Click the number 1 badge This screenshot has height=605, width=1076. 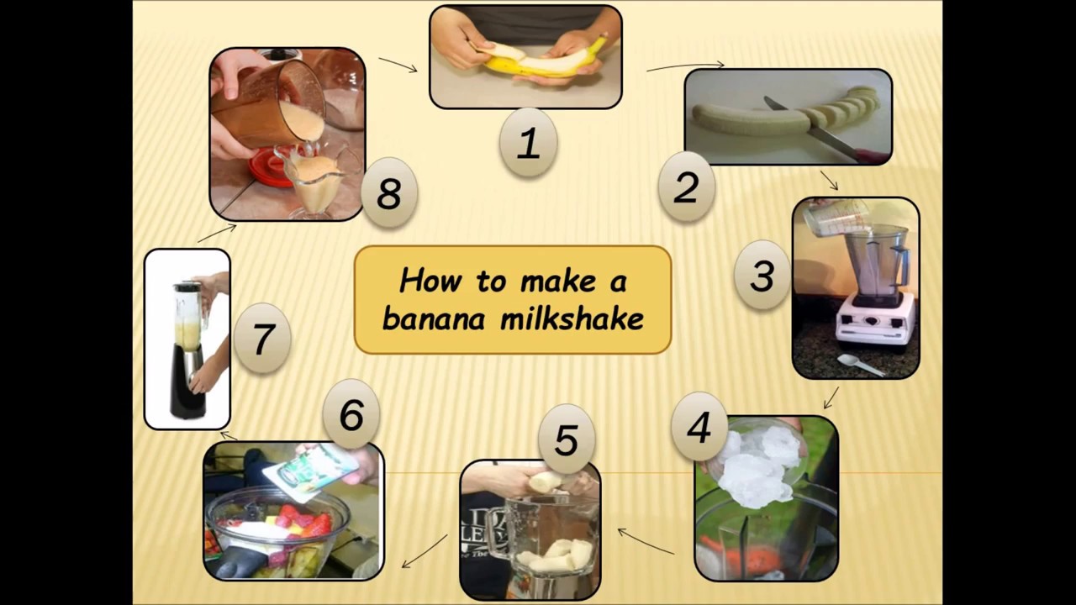(x=527, y=143)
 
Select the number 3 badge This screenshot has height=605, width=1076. (x=762, y=276)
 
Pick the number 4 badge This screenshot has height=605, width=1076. (x=699, y=427)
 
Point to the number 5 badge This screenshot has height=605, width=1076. (x=566, y=440)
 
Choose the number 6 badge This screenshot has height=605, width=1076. (x=351, y=414)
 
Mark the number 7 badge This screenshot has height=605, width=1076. (x=262, y=339)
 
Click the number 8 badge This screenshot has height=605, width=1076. (x=388, y=193)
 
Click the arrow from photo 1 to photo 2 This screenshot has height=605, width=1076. (x=685, y=66)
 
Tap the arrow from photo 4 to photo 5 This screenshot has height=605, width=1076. (x=646, y=542)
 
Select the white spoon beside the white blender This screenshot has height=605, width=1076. (x=859, y=365)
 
